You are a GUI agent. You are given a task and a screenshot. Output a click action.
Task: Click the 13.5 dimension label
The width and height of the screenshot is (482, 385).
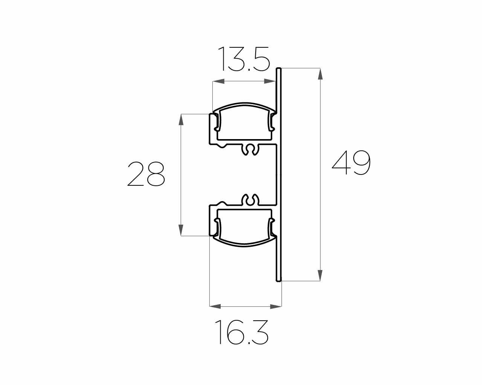coord(244,59)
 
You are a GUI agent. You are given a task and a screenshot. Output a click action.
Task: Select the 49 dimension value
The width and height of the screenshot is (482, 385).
coord(351,163)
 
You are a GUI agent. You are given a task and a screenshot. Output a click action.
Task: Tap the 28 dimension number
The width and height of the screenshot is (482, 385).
coord(146,174)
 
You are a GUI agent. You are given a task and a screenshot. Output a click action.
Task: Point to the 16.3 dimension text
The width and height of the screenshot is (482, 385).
coord(242,332)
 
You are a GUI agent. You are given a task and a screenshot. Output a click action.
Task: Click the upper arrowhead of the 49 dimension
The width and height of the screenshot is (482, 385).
coord(320,74)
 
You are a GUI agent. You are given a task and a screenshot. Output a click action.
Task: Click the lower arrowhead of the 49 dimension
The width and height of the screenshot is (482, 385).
coord(320,275)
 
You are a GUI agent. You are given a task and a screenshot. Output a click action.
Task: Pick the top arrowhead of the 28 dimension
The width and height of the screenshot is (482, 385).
coord(181,120)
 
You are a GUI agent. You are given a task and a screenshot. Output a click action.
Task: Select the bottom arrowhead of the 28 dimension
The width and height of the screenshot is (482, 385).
coord(181,230)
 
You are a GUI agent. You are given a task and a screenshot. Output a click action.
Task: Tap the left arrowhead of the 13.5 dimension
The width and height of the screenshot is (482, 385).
coord(218,81)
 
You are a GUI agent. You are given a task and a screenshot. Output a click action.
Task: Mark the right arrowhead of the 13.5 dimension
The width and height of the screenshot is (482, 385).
coord(270,81)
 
